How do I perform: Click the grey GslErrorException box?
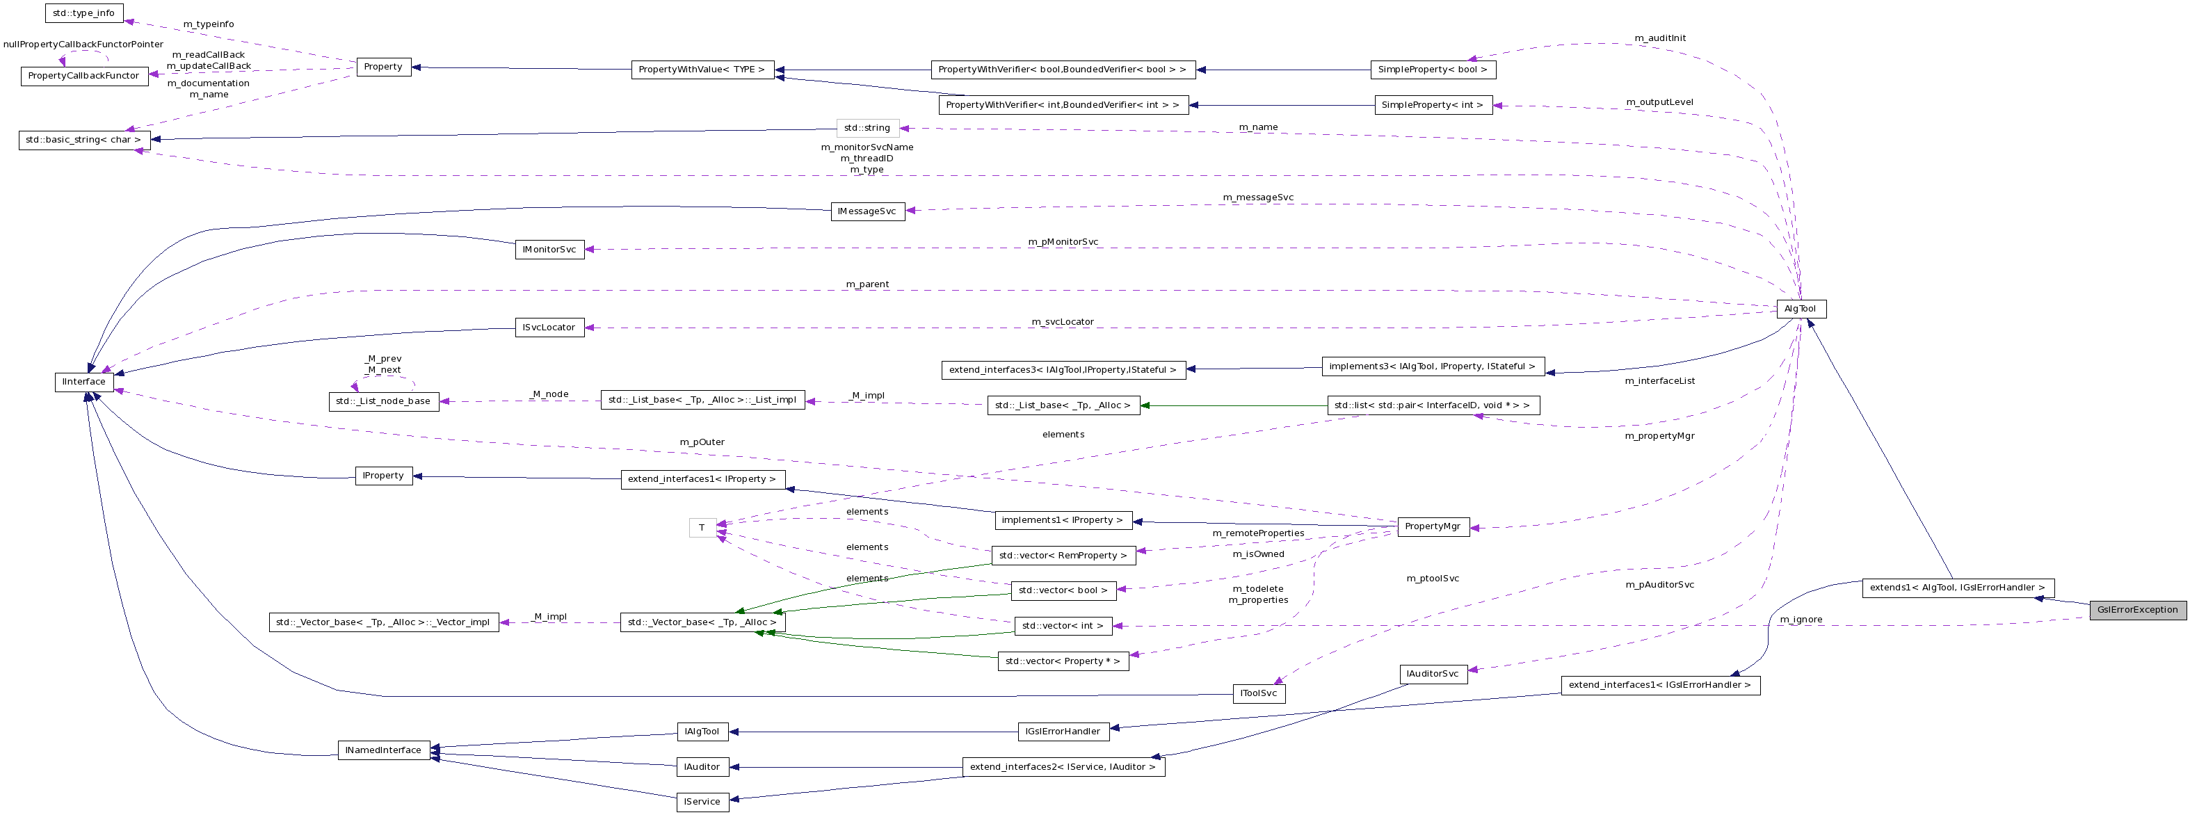pyautogui.click(x=2137, y=609)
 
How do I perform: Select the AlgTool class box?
pyautogui.click(x=1801, y=309)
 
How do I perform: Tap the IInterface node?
pyautogui.click(x=84, y=382)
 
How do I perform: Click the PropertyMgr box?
pyautogui.click(x=1433, y=526)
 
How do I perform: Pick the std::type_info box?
pyautogui.click(x=84, y=13)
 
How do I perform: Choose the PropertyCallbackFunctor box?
pyautogui.click(x=83, y=76)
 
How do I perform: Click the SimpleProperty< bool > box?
pyautogui.click(x=1433, y=70)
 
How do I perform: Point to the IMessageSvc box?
pyautogui.click(x=867, y=211)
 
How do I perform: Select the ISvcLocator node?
pyautogui.click(x=549, y=328)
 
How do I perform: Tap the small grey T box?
pyautogui.click(x=702, y=528)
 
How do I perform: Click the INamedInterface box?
pyautogui.click(x=383, y=750)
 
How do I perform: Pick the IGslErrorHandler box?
pyautogui.click(x=1063, y=731)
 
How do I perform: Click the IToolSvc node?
pyautogui.click(x=1258, y=693)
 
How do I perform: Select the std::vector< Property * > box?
pyautogui.click(x=1063, y=661)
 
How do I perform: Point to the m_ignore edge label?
pyautogui.click(x=1801, y=620)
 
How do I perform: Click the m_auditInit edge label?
pyautogui.click(x=1659, y=38)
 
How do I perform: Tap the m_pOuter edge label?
pyautogui.click(x=702, y=442)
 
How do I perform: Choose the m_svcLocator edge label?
pyautogui.click(x=1063, y=321)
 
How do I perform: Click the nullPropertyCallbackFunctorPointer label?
pyautogui.click(x=83, y=45)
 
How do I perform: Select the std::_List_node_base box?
pyautogui.click(x=383, y=401)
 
